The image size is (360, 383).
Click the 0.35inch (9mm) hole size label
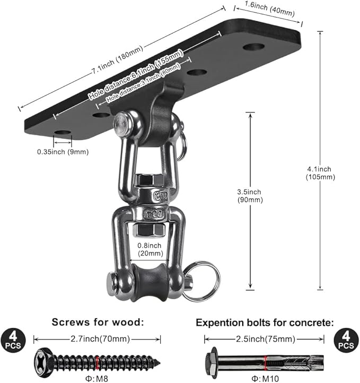point(63,152)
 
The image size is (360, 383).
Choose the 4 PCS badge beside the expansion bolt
point(346,340)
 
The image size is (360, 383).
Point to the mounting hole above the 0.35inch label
point(62,132)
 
